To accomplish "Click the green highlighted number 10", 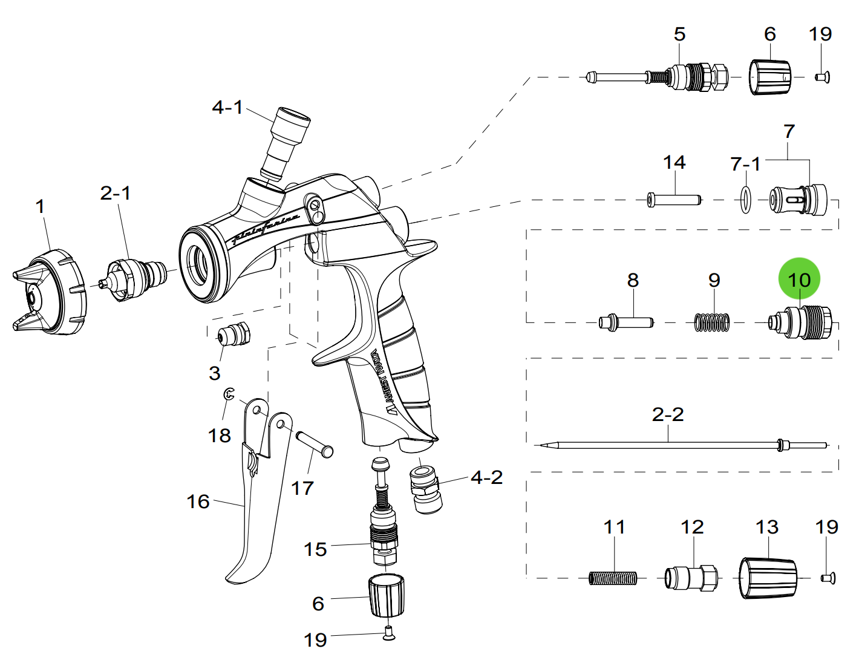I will pyautogui.click(x=799, y=279).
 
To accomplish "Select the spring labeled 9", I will pyautogui.click(x=712, y=322).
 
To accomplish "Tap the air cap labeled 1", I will pyautogui.click(x=51, y=294).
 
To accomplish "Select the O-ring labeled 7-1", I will pyautogui.click(x=745, y=200).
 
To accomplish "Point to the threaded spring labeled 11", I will pyautogui.click(x=613, y=578).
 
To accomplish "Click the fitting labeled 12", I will pyautogui.click(x=691, y=578).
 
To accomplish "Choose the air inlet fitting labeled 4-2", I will pyautogui.click(x=426, y=488).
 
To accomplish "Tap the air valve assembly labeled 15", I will pyautogui.click(x=384, y=520).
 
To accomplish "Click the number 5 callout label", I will pyautogui.click(x=679, y=34).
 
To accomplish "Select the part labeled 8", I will pyautogui.click(x=626, y=322).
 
